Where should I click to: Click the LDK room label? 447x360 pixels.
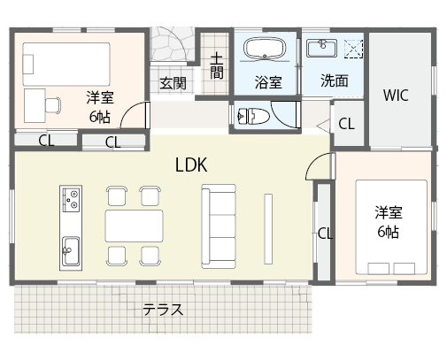point(190,165)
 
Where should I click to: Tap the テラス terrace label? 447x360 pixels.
point(164,310)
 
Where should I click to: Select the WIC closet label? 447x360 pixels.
point(396,96)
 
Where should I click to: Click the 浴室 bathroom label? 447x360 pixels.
point(268,83)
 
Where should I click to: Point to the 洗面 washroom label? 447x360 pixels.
point(334,80)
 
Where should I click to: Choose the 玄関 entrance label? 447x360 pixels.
point(173,83)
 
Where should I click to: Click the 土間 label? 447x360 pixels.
point(216,66)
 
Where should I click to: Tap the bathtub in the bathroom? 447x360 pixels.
point(266,50)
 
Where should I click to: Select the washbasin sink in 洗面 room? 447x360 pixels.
point(320,48)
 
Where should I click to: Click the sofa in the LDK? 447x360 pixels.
point(218,226)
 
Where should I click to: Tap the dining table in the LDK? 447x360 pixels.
point(135,226)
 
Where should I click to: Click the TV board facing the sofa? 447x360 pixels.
point(268,226)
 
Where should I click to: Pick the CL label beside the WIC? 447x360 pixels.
point(345,124)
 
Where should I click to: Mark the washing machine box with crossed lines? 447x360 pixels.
point(354,48)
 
